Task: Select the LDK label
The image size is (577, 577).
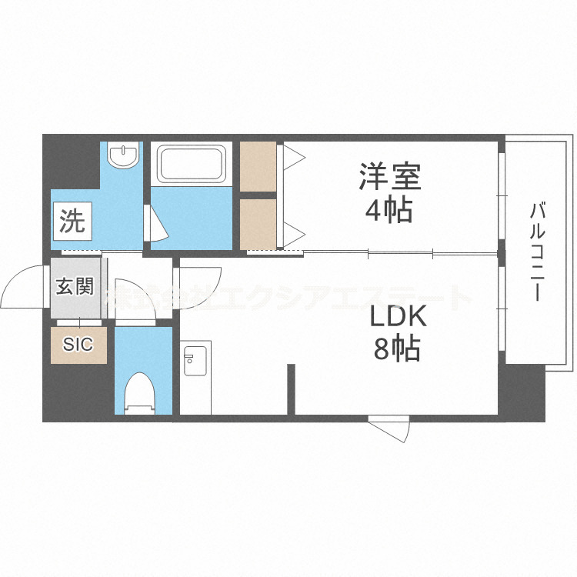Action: click(397, 319)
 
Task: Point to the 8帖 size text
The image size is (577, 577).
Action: click(397, 349)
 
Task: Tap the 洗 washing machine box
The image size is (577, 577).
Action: click(73, 222)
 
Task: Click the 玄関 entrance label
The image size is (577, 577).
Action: click(75, 288)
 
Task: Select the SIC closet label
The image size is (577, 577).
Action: click(78, 345)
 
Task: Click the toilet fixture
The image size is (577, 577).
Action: click(141, 389)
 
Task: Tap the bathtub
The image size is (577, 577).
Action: click(191, 163)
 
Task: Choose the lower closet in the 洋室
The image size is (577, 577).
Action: click(258, 224)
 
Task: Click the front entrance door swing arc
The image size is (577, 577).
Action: click(25, 286)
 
